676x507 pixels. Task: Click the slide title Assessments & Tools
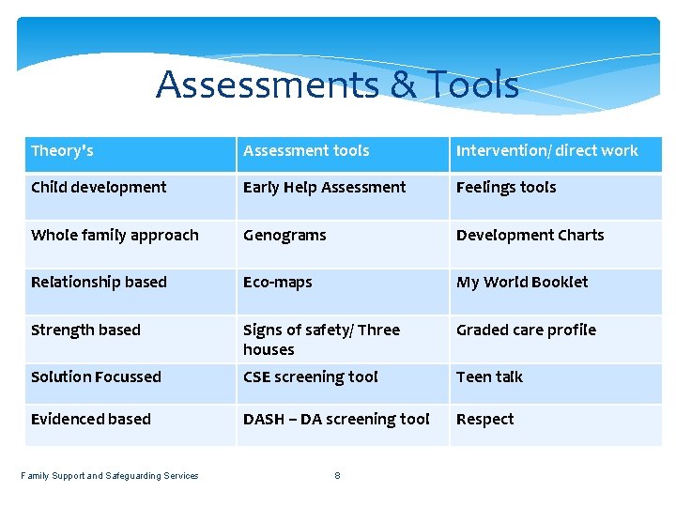[x=337, y=84]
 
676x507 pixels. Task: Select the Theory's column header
[x=62, y=151]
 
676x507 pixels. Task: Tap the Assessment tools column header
[x=306, y=151]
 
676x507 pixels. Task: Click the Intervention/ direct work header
[x=546, y=151]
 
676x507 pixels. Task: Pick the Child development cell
[x=99, y=188]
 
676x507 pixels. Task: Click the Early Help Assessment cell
[x=324, y=188]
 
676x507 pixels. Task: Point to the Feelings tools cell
[x=506, y=188]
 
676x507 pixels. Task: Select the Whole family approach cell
[x=115, y=236]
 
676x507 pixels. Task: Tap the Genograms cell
[x=284, y=236]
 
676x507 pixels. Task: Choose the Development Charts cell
[x=530, y=236]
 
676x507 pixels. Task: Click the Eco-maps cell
[x=277, y=283]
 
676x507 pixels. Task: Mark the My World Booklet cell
[x=522, y=283]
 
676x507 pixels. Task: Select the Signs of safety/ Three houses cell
[x=321, y=340]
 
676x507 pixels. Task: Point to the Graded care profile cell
[x=526, y=330]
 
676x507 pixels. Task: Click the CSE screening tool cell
[x=310, y=377]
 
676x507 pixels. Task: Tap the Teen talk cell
[x=489, y=377]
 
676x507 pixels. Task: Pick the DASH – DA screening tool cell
[x=336, y=420]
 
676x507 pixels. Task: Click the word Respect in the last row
[x=484, y=420]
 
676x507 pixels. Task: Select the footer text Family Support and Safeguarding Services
[x=110, y=476]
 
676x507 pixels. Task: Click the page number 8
[x=338, y=476]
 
